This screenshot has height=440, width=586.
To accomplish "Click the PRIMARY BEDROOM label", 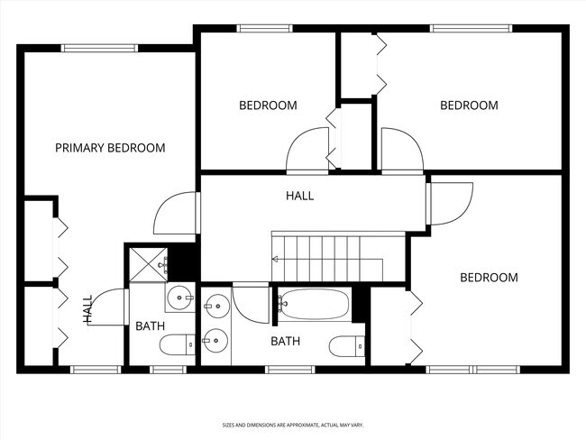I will point(110,148).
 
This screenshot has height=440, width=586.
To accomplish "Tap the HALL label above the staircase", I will point(300,196).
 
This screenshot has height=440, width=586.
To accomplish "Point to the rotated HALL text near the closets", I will point(88,309).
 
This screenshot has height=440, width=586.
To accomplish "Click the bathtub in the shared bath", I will point(314,304).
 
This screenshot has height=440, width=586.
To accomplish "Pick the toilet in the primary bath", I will point(177,344).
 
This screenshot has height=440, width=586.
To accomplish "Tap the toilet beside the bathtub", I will point(347,345).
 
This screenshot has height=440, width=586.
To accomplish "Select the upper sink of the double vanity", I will point(213,307).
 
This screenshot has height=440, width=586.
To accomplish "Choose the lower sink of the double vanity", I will point(213,340).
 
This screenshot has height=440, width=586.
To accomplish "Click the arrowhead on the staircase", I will point(276,259).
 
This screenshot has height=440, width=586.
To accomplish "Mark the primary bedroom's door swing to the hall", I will point(176,215).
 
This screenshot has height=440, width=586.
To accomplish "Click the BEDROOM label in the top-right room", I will point(468,105).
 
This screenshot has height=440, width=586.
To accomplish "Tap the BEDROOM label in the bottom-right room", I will point(489,278).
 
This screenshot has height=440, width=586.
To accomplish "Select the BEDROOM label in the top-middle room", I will point(267,105).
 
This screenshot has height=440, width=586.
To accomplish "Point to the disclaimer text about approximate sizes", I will point(293,424).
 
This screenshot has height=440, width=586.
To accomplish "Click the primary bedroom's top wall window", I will point(99,48).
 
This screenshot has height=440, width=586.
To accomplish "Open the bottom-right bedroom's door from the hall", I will point(451,204).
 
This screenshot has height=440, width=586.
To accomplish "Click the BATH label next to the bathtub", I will point(286,341).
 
